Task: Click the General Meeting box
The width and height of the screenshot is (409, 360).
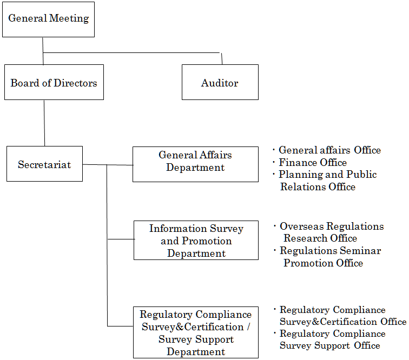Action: [x=48, y=19]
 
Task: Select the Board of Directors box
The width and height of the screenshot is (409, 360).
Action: [x=54, y=82]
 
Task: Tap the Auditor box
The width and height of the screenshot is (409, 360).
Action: [x=220, y=82]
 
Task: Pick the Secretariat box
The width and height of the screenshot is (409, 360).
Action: [x=44, y=164]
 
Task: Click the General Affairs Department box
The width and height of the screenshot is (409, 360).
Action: [x=196, y=164]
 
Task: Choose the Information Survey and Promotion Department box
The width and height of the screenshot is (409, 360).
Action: [x=196, y=241]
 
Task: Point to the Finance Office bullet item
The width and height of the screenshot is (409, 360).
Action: [x=310, y=162]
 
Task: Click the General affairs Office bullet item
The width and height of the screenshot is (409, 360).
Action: [x=327, y=150]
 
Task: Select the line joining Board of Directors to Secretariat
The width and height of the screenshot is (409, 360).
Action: [x=44, y=123]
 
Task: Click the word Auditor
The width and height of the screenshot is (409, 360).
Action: [x=220, y=83]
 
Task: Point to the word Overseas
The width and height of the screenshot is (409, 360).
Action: [x=302, y=226]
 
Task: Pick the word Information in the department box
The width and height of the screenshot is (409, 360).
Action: [x=178, y=228]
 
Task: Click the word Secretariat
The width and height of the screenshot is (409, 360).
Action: [x=44, y=165]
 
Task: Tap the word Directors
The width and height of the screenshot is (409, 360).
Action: [x=75, y=83]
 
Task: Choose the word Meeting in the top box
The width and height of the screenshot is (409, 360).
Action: [x=69, y=18]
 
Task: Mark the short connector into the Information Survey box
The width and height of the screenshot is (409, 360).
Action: [x=121, y=239]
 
